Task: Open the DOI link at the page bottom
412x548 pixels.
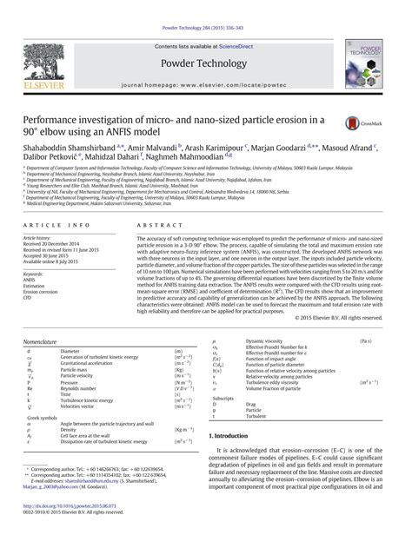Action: coord(74,528)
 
